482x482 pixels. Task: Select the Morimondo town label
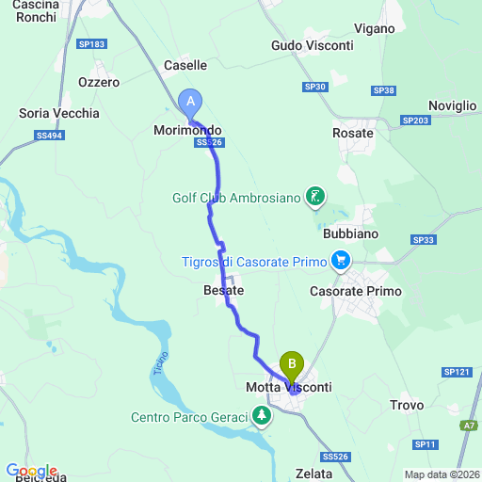tap(187, 130)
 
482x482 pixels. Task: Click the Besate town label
tap(224, 291)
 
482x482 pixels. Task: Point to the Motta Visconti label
tap(288, 387)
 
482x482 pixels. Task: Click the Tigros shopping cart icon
tap(341, 260)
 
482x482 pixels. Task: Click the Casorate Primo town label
tap(356, 292)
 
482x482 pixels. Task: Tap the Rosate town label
tap(353, 133)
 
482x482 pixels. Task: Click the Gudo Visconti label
tap(312, 45)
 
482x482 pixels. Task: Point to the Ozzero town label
tap(99, 82)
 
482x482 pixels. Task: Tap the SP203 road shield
tap(414, 120)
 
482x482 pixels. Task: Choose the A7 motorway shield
tap(468, 426)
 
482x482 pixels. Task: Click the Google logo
tap(31, 471)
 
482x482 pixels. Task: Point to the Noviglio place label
tap(452, 105)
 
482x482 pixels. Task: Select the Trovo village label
tap(408, 406)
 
